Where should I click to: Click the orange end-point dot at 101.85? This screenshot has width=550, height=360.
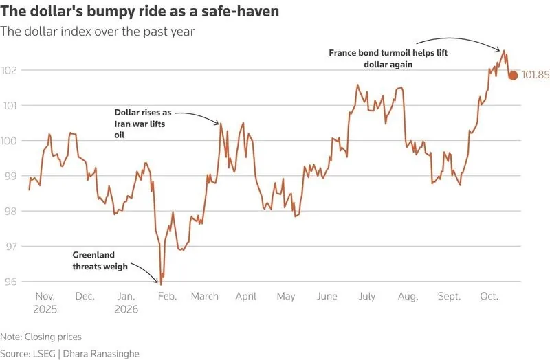tap(513, 76)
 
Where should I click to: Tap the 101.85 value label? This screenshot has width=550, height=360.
tap(536, 75)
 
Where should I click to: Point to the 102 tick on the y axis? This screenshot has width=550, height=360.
tap(9, 70)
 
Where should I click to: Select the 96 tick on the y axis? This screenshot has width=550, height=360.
tap(10, 282)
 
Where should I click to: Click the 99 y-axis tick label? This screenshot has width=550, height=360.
tap(10, 176)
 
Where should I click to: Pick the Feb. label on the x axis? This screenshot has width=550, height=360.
tap(167, 296)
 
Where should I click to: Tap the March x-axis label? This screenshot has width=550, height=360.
tap(204, 296)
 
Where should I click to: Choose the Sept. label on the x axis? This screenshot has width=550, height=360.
tap(449, 297)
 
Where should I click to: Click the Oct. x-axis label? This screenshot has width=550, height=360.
tap(489, 296)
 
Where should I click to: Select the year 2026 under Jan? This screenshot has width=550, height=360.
tap(126, 309)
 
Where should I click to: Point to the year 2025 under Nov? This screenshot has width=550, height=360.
tap(45, 309)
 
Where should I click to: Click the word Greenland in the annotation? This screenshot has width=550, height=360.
tap(93, 255)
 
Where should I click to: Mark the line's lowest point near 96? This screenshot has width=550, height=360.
tap(161, 284)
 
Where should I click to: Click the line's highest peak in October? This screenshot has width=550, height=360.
tap(504, 51)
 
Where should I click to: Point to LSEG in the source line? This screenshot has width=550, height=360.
tap(45, 354)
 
